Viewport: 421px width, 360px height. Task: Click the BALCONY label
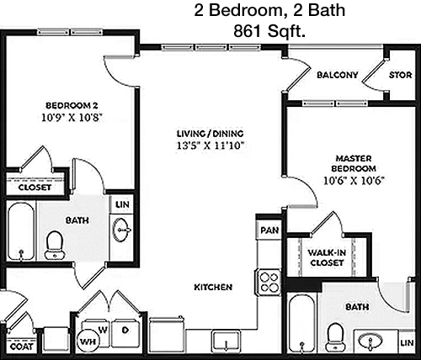coord(338,75)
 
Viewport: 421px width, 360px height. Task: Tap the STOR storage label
coord(400,75)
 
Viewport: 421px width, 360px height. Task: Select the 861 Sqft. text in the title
coord(269,31)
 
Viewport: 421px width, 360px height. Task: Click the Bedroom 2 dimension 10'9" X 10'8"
coord(72,117)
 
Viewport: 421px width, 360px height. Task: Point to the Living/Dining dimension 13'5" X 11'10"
coord(210,146)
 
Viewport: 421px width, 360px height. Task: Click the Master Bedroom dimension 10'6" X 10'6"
coord(354,180)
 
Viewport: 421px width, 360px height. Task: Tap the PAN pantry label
coord(269,230)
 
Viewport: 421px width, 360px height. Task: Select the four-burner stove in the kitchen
coord(269,282)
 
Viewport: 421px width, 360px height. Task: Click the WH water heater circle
coord(88,341)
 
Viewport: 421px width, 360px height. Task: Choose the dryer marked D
coord(125,333)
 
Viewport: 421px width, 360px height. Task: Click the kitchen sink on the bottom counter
coord(226,341)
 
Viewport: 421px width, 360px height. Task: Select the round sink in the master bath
coord(370,341)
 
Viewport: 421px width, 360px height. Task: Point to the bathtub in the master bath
coord(302,323)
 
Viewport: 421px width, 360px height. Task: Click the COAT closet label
coord(21,347)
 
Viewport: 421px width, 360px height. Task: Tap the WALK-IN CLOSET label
coord(327,257)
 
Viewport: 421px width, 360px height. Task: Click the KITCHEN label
coord(213,287)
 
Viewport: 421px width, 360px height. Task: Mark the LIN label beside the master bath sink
coord(407,342)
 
